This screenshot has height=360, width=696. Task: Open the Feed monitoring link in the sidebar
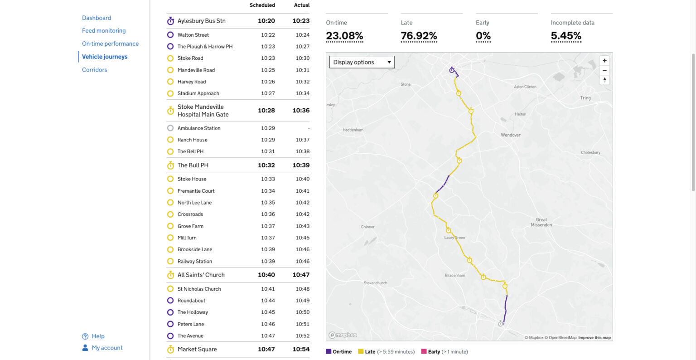click(x=104, y=31)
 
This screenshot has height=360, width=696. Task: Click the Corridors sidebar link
click(x=94, y=70)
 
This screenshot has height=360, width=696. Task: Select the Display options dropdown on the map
click(x=362, y=62)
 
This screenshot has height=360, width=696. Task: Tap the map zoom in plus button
click(x=604, y=61)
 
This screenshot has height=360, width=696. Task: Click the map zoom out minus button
click(x=604, y=71)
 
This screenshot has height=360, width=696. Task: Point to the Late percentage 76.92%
click(x=419, y=36)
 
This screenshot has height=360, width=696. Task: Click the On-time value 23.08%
click(x=344, y=36)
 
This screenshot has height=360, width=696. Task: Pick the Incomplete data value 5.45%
click(x=566, y=36)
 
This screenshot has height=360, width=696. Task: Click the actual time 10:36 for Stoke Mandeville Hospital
click(x=301, y=111)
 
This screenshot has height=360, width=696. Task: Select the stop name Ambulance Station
click(x=199, y=128)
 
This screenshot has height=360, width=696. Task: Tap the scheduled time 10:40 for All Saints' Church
click(x=266, y=275)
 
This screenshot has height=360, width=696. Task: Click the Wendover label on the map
click(x=511, y=135)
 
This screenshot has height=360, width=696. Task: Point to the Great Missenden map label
click(x=541, y=222)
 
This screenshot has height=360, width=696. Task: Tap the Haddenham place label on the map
click(x=353, y=130)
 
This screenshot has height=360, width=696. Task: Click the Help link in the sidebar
click(x=98, y=336)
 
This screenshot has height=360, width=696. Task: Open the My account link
click(x=107, y=348)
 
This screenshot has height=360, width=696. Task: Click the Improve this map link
click(x=594, y=338)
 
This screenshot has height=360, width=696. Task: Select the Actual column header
click(x=302, y=5)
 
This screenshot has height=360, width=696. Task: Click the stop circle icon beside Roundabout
click(x=170, y=301)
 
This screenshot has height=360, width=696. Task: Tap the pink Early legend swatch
click(x=424, y=351)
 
